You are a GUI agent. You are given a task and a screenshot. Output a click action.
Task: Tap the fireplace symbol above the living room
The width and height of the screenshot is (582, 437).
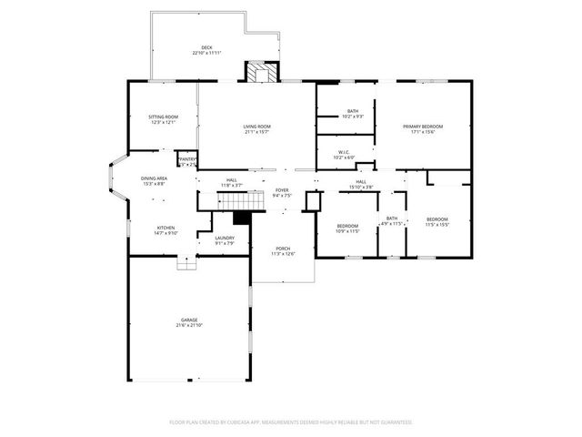[x=261, y=73]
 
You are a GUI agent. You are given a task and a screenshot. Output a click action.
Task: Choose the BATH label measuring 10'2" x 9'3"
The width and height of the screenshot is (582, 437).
[x=352, y=114]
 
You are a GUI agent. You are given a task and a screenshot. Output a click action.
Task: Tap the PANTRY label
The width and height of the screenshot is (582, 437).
[x=186, y=161]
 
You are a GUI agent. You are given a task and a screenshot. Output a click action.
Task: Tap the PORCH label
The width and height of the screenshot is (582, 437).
[x=282, y=250]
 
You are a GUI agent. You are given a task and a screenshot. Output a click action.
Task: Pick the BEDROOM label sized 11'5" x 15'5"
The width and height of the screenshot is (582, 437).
[x=437, y=221]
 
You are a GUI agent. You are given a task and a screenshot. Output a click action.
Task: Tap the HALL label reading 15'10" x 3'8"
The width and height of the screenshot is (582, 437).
[x=361, y=184]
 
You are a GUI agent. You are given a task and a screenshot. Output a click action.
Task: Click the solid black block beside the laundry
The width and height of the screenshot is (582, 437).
[x=242, y=218]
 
